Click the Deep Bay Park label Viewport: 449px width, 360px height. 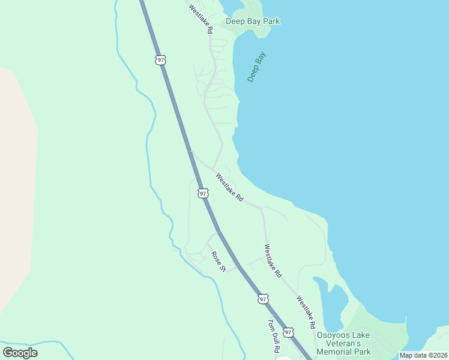pos(253,22)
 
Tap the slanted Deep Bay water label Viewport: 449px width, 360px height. pos(256,67)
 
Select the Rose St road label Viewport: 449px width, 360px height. pos(217,262)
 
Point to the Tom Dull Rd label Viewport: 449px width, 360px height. pos(274,335)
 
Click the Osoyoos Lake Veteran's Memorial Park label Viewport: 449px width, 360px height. pos(343,343)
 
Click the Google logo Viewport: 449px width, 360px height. pos(20,352)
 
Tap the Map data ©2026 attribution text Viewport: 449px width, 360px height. pos(423,355)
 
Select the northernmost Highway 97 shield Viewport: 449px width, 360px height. pos(160,59)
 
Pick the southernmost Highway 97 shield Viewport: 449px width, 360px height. pos(289,332)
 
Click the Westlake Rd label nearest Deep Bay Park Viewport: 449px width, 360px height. pos(200,18)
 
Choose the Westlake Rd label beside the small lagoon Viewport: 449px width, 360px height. pos(306,312)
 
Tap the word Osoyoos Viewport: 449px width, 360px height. pos(335,335)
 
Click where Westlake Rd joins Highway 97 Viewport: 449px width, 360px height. pos(191,151)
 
